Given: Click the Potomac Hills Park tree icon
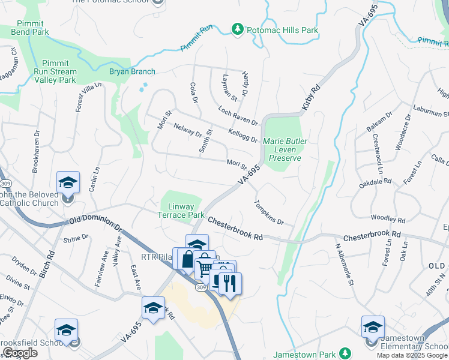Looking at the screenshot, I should (238, 29).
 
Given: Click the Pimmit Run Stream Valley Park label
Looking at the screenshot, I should (55, 71).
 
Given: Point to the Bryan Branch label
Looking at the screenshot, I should (132, 71).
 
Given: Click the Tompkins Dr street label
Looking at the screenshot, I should (269, 212).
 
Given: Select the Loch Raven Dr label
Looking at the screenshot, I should (238, 116).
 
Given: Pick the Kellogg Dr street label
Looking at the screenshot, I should (243, 135).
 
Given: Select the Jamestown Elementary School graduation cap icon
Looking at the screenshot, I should (373, 327).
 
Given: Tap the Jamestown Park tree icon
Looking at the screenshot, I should (345, 353).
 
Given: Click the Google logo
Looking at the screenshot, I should (20, 353).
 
